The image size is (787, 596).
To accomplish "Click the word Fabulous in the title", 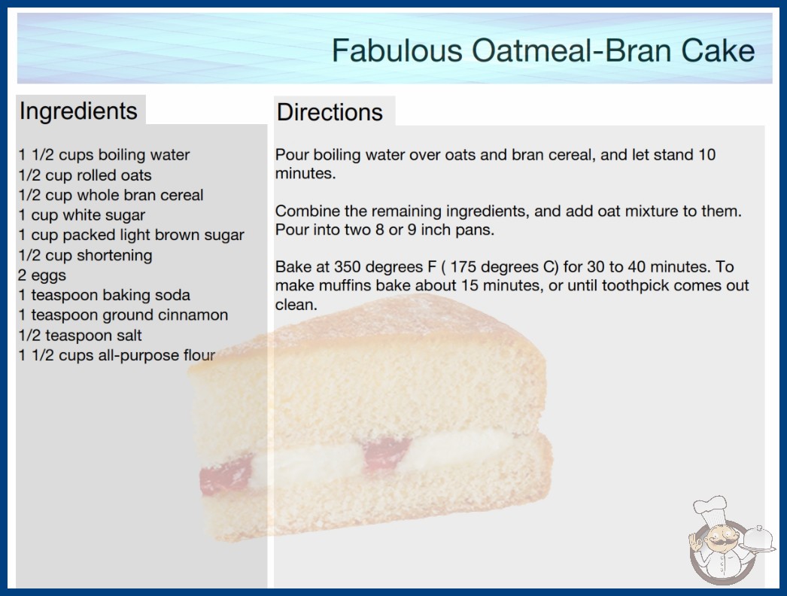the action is pyautogui.click(x=397, y=50).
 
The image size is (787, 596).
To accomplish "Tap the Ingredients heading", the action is pyautogui.click(x=78, y=111).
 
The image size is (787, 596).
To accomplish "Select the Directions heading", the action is pyautogui.click(x=330, y=112).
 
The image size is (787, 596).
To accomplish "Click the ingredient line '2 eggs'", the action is pyautogui.click(x=42, y=275).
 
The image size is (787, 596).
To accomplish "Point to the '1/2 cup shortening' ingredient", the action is pyautogui.click(x=85, y=255).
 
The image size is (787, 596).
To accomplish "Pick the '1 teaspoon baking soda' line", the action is pyautogui.click(x=105, y=295).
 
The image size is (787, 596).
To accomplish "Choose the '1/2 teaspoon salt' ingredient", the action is pyautogui.click(x=81, y=335).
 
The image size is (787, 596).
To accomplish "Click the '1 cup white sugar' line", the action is pyautogui.click(x=82, y=215).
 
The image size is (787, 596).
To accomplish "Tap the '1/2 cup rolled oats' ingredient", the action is pyautogui.click(x=85, y=175).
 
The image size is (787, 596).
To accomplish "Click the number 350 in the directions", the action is pyautogui.click(x=348, y=266).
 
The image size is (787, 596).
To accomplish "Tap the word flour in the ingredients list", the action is pyautogui.click(x=199, y=355).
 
